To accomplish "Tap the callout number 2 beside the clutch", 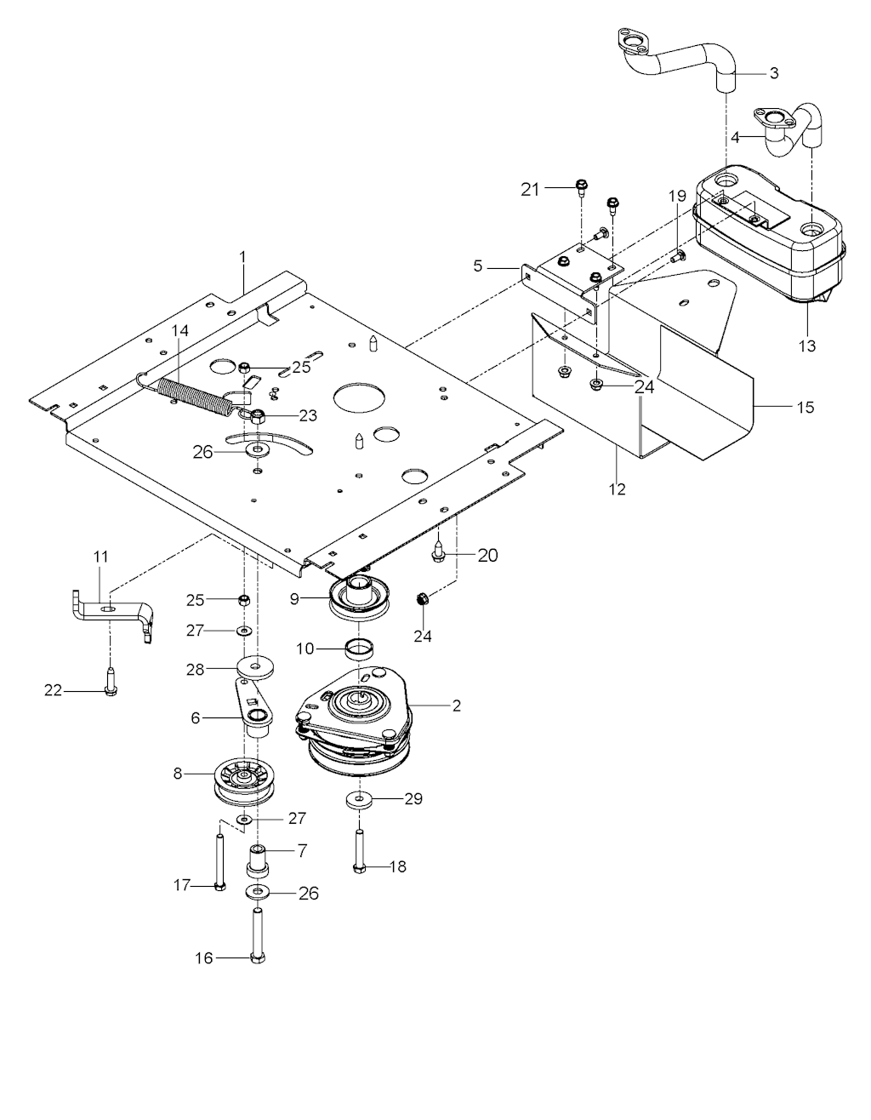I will [x=457, y=706].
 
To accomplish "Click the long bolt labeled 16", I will [x=258, y=936].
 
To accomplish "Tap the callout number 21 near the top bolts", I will [x=530, y=190].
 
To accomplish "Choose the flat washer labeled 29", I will [x=361, y=800].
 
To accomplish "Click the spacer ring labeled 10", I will [x=361, y=651].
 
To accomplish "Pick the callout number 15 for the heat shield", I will [x=805, y=407].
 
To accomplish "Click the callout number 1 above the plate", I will [x=242, y=255].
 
